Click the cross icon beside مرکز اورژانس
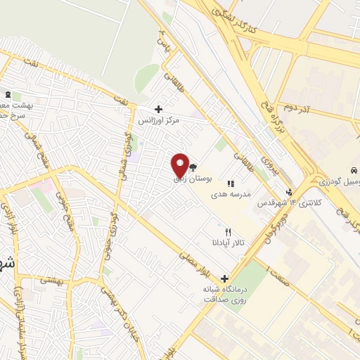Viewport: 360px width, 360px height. (159, 109)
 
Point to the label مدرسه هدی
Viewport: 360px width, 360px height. (231, 195)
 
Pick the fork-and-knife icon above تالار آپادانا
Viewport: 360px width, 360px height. (227, 231)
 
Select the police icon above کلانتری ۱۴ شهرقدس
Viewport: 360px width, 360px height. (289, 192)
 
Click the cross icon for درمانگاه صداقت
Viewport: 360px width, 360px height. (225, 278)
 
